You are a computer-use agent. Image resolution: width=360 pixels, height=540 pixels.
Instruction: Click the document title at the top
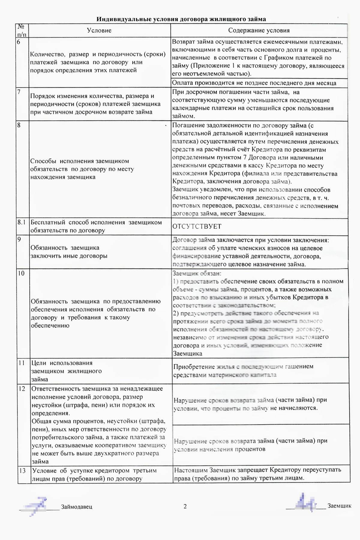181,19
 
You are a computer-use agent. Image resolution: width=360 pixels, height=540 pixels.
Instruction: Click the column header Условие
99,30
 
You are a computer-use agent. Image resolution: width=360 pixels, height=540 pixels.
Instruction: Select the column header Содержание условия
259,30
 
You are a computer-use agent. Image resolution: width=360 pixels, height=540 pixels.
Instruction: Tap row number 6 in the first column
19,42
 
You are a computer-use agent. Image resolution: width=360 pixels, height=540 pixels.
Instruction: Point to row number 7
19,92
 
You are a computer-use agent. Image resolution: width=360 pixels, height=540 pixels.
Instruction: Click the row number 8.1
22,222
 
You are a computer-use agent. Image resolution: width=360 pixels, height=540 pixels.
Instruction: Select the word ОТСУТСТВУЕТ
197,226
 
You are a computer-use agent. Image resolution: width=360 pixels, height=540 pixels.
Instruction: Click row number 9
19,239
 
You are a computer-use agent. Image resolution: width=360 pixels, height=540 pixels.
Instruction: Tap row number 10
21,273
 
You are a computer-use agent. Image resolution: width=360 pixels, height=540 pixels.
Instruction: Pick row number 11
21,363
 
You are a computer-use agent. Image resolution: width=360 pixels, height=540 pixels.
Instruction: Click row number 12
22,389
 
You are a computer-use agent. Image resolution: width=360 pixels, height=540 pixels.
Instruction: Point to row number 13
22,471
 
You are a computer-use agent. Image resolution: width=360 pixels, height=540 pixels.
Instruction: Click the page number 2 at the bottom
185,506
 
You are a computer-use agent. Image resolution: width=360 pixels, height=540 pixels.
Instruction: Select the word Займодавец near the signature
77,507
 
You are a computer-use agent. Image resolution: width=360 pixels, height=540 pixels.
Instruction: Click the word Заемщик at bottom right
339,506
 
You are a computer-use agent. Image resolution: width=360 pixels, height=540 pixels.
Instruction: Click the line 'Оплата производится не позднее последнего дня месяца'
254,83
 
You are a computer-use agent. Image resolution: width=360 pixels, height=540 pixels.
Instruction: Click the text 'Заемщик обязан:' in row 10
197,273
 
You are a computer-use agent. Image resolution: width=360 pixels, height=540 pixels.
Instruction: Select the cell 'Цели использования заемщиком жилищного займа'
67,371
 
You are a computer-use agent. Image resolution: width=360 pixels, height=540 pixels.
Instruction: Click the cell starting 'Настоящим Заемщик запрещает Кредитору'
257,474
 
